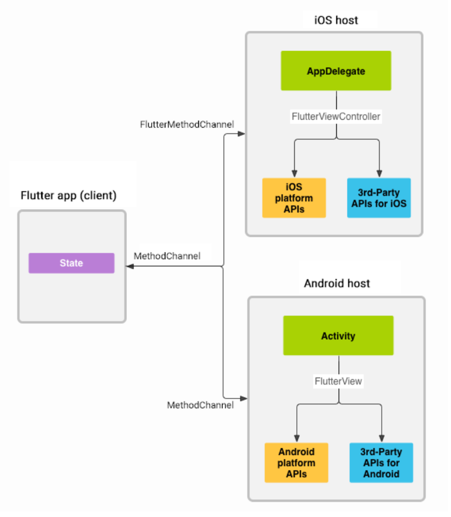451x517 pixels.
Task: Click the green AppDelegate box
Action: (336, 71)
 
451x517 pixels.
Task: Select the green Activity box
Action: (338, 336)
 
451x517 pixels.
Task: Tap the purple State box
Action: (71, 263)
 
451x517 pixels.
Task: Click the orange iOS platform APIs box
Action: (294, 198)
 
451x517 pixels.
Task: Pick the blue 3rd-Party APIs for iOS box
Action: (379, 198)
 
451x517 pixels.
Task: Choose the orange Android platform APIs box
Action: (296, 462)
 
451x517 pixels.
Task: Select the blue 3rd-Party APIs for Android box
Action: (381, 462)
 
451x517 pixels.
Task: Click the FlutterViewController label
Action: (336, 117)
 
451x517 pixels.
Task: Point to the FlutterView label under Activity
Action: (338, 381)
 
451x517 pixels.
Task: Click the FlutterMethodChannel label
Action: (187, 124)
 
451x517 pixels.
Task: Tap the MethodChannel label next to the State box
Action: (167, 256)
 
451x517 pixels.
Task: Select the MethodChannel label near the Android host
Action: (200, 405)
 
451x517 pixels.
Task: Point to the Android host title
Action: (337, 283)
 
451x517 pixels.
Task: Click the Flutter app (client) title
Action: (68, 196)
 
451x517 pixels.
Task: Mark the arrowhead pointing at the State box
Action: (130, 266)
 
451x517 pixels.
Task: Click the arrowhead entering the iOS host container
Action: (241, 134)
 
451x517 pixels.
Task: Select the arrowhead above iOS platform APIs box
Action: (294, 173)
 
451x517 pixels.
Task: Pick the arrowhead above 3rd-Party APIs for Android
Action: (381, 438)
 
